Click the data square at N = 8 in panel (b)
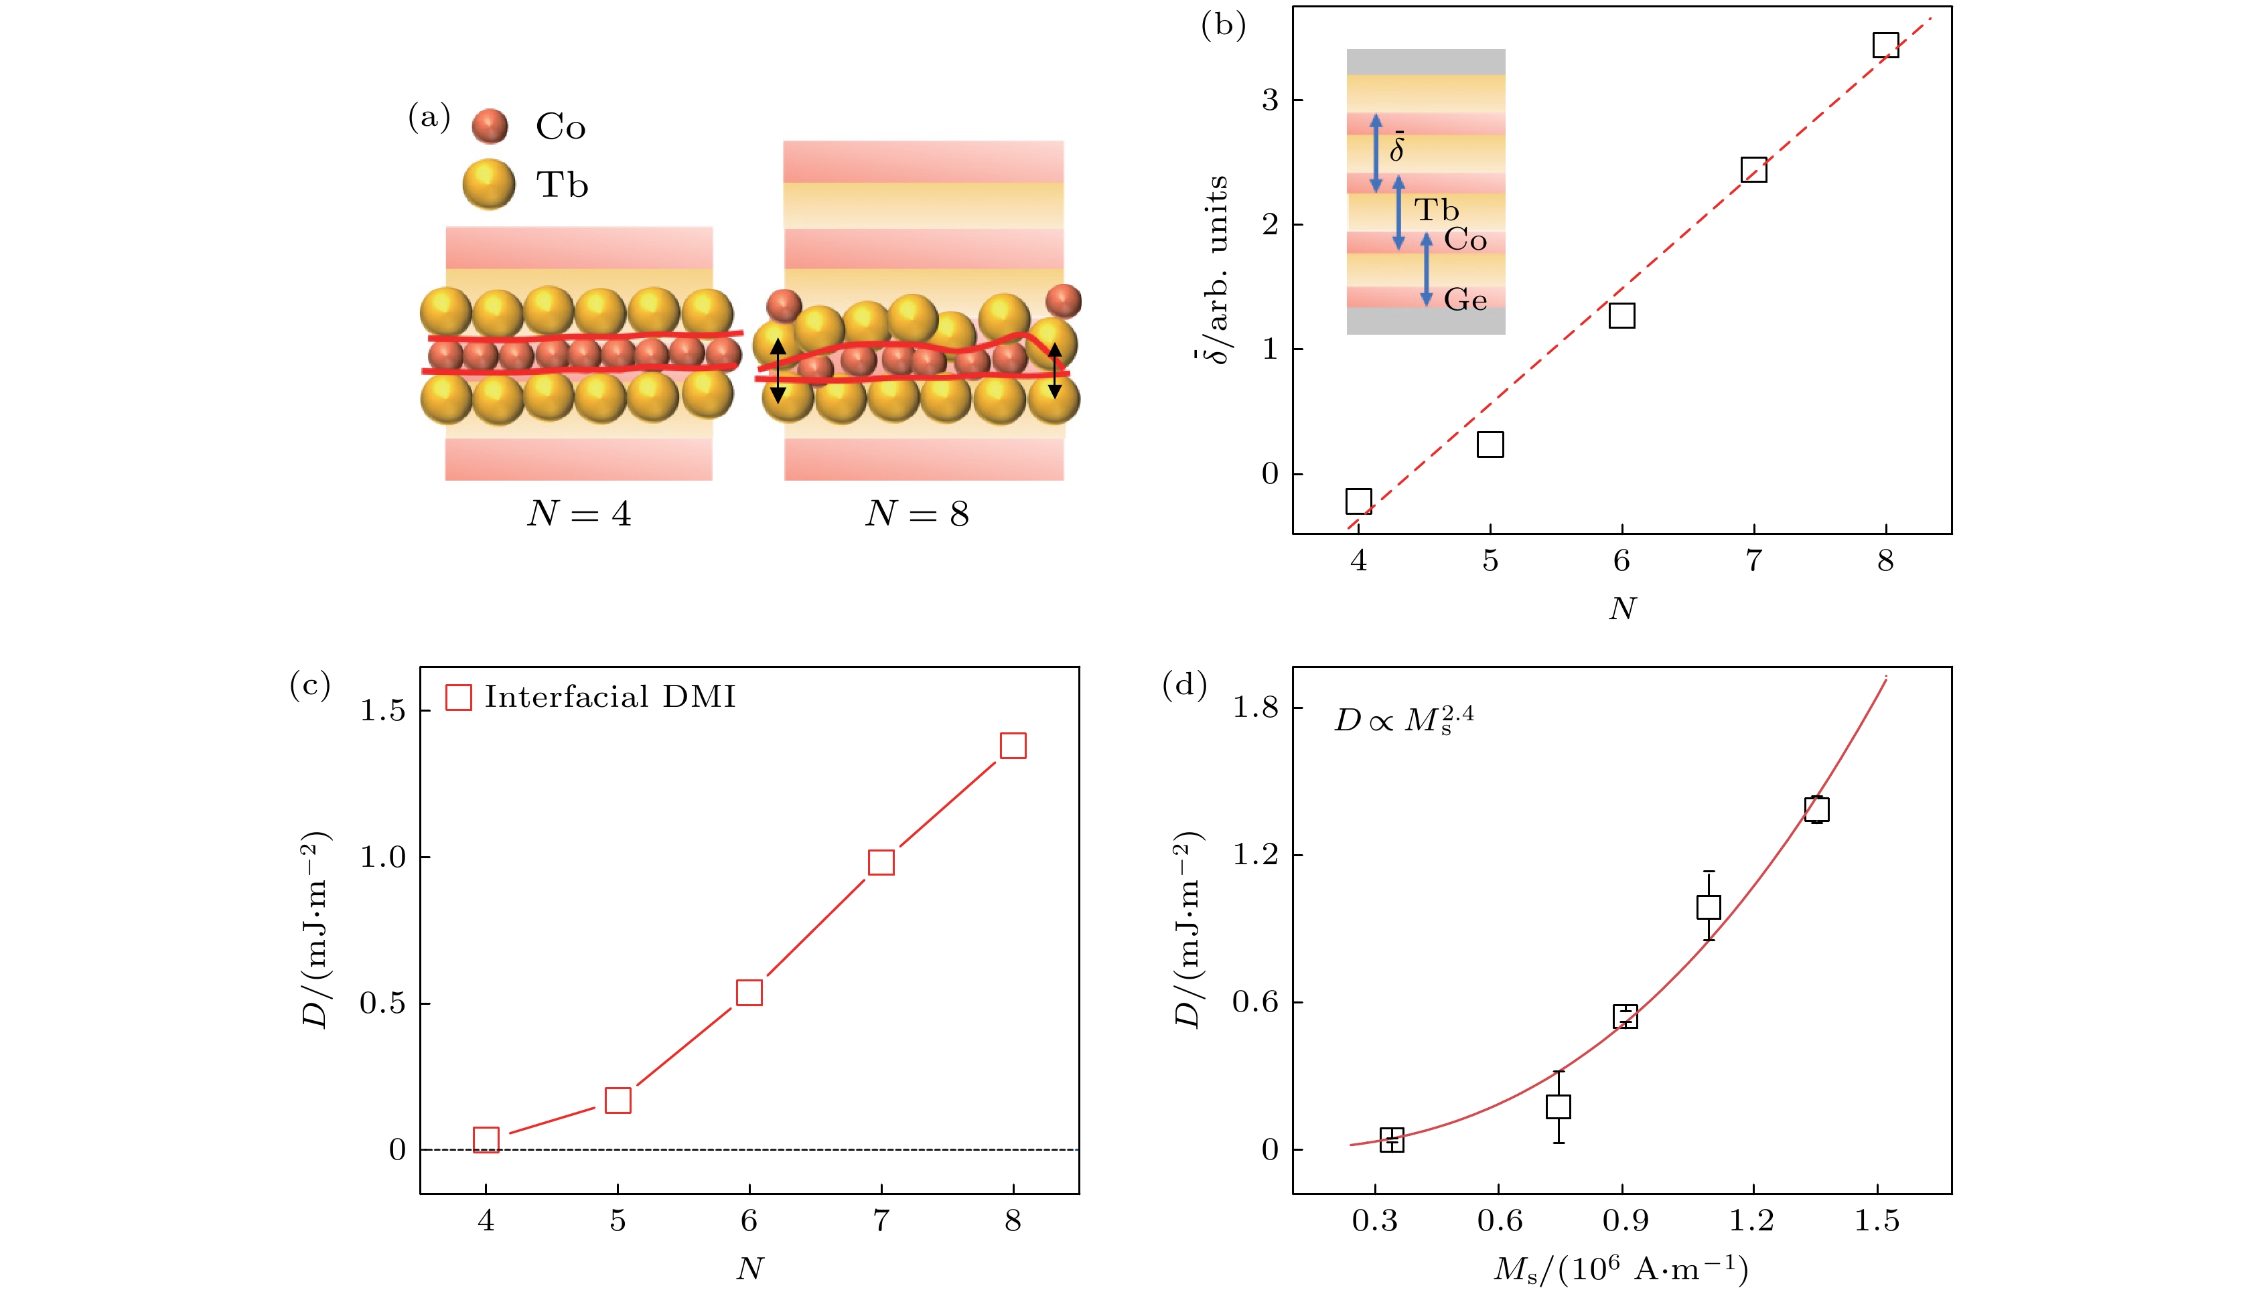tap(1885, 46)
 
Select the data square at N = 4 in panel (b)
tap(1358, 501)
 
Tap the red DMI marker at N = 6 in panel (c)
tap(749, 992)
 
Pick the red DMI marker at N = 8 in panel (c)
tap(1013, 746)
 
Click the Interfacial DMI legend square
tap(459, 697)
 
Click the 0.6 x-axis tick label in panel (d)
tap(1500, 1220)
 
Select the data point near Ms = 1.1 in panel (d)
tap(1709, 907)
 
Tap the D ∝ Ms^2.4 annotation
tap(1403, 718)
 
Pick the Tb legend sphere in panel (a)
tap(489, 184)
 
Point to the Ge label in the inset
tap(1465, 301)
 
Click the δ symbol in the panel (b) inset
tap(1397, 147)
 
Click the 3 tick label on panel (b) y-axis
tap(1269, 100)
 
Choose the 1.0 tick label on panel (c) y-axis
tap(382, 857)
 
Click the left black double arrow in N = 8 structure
tap(777, 371)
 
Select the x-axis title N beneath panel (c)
tap(749, 1268)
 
